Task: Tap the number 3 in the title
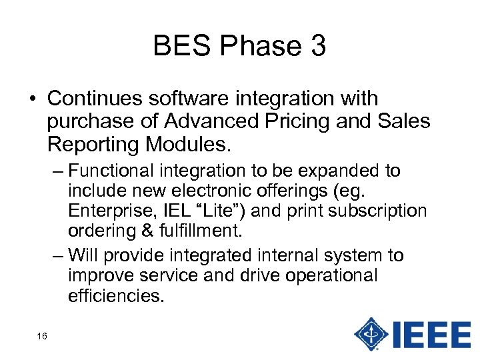(x=317, y=46)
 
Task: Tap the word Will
(x=83, y=255)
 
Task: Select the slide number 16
(x=42, y=336)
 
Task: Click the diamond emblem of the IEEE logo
(x=372, y=333)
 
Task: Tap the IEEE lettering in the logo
(x=432, y=333)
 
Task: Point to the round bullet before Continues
(x=33, y=99)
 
